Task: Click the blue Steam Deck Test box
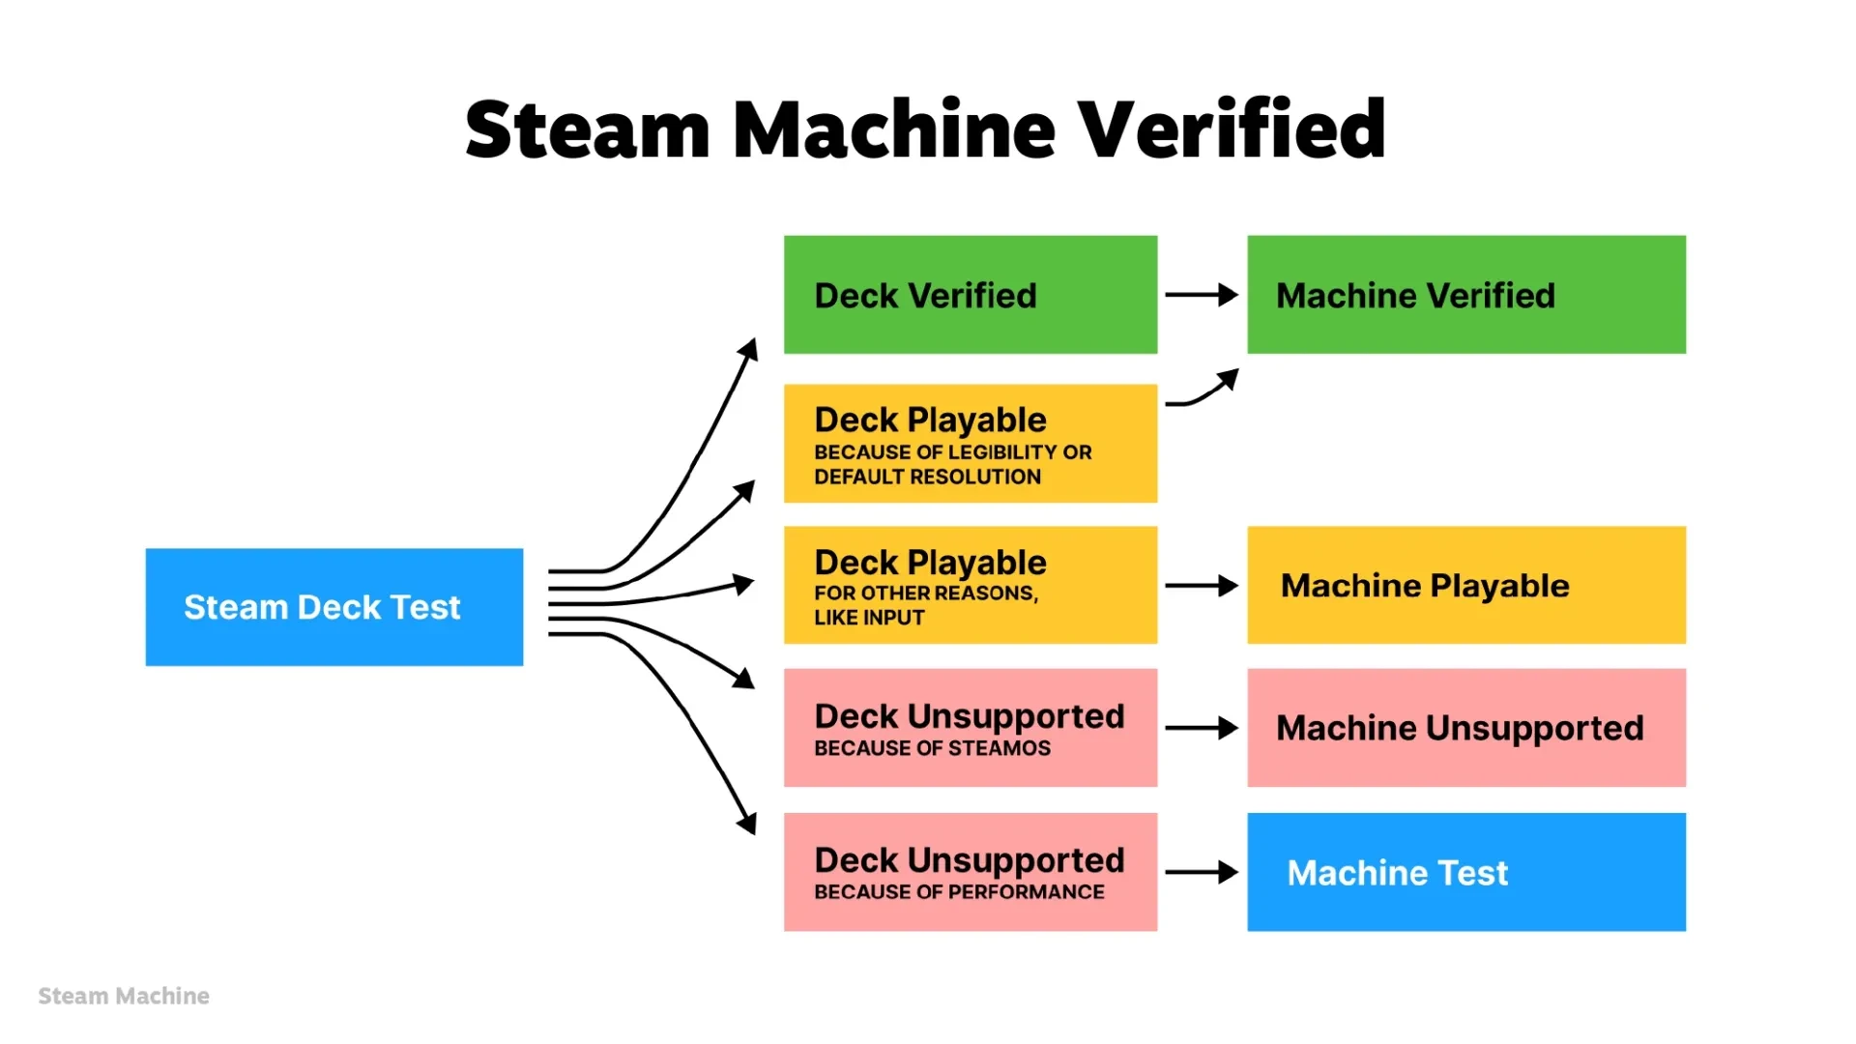pyautogui.click(x=333, y=607)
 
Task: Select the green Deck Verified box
pyautogui.click(x=970, y=295)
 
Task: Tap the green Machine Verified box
pyautogui.click(x=1465, y=295)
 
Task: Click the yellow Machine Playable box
pyautogui.click(x=1465, y=585)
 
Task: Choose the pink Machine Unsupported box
pyautogui.click(x=1465, y=727)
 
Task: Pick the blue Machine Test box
pyautogui.click(x=1465, y=872)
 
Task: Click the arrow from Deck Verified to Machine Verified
pyautogui.click(x=1202, y=295)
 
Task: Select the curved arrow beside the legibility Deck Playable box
pyautogui.click(x=1203, y=389)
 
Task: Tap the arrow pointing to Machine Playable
pyautogui.click(x=1202, y=585)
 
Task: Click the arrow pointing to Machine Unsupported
pyautogui.click(x=1202, y=727)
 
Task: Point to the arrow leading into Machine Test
pyautogui.click(x=1202, y=872)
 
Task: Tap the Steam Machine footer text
pyautogui.click(x=124, y=996)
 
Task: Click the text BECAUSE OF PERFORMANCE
pyautogui.click(x=959, y=892)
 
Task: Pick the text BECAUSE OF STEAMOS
pyautogui.click(x=932, y=748)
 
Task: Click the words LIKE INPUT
pyautogui.click(x=869, y=618)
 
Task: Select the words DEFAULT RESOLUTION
pyautogui.click(x=927, y=477)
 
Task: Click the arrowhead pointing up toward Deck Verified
pyautogui.click(x=748, y=349)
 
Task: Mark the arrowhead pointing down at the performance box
pyautogui.click(x=747, y=823)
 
